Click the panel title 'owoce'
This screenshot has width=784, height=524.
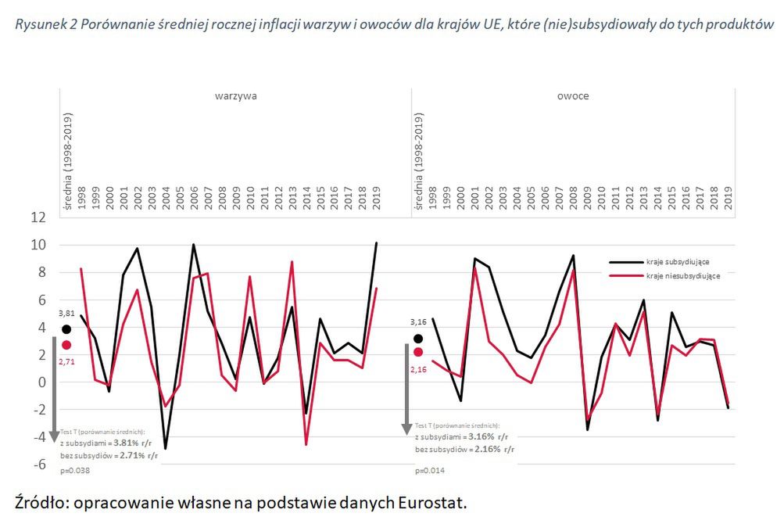(575, 96)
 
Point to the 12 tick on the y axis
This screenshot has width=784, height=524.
(38, 217)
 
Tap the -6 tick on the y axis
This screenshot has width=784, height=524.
(38, 465)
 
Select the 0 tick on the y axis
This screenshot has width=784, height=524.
(41, 382)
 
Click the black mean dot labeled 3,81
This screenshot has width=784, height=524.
(66, 330)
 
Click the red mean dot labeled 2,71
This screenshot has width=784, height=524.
(66, 345)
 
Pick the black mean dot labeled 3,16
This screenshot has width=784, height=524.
(418, 339)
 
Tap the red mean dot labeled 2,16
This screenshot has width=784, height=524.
(418, 352)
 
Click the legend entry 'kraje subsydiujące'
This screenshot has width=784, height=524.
(677, 261)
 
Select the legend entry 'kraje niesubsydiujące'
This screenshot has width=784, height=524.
(682, 275)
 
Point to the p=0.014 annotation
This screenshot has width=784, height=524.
(430, 471)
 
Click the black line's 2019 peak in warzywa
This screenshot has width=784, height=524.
(376, 243)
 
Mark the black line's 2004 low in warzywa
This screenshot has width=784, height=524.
(165, 448)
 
